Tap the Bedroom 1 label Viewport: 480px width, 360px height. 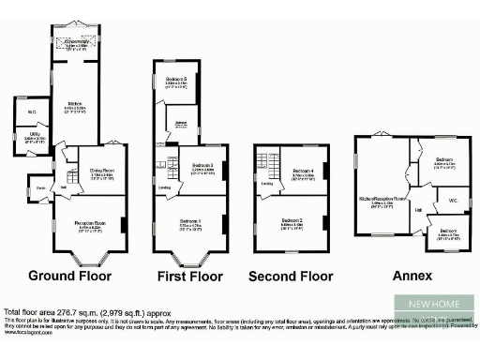click(x=193, y=221)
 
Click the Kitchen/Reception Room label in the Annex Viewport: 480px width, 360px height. click(x=382, y=199)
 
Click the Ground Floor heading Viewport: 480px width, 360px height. click(x=70, y=276)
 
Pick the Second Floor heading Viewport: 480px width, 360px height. click(x=292, y=276)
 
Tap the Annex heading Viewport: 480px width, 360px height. click(x=412, y=276)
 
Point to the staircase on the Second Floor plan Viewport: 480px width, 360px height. click(x=264, y=169)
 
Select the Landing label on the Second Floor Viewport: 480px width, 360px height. click(x=267, y=183)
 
